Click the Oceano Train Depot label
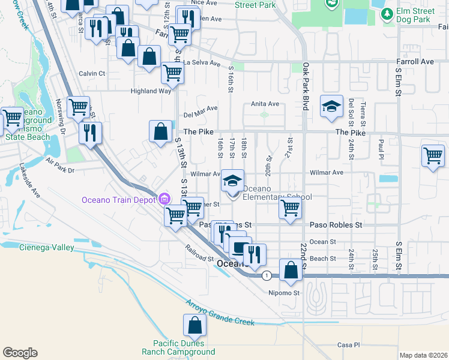click(119, 199)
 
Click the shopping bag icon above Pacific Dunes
click(195, 326)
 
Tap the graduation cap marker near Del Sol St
click(331, 107)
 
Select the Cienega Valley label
click(46, 247)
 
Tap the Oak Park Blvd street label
click(306, 86)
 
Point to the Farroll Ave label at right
click(414, 62)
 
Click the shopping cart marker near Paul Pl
click(432, 156)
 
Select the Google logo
click(20, 353)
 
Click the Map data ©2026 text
click(423, 355)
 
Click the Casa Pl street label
click(348, 345)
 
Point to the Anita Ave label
click(265, 104)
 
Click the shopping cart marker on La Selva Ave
click(173, 74)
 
